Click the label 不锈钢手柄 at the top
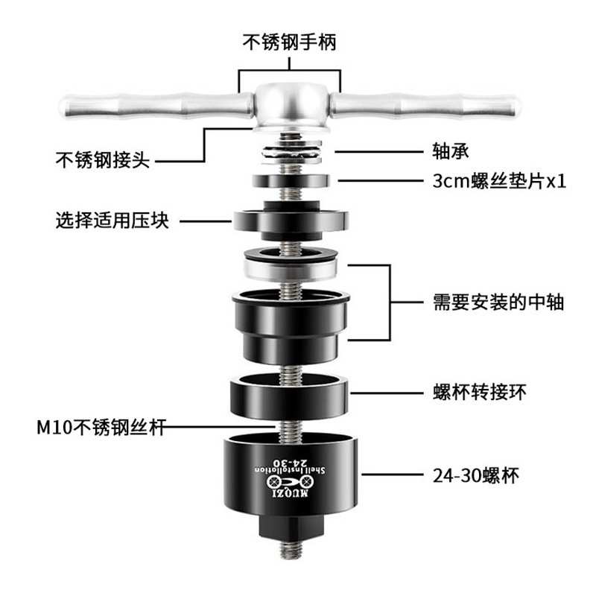click(290, 42)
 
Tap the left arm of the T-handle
click(149, 107)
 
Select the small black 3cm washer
click(290, 180)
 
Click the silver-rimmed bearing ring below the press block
click(290, 264)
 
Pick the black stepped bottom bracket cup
click(290, 320)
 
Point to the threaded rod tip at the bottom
click(290, 555)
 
